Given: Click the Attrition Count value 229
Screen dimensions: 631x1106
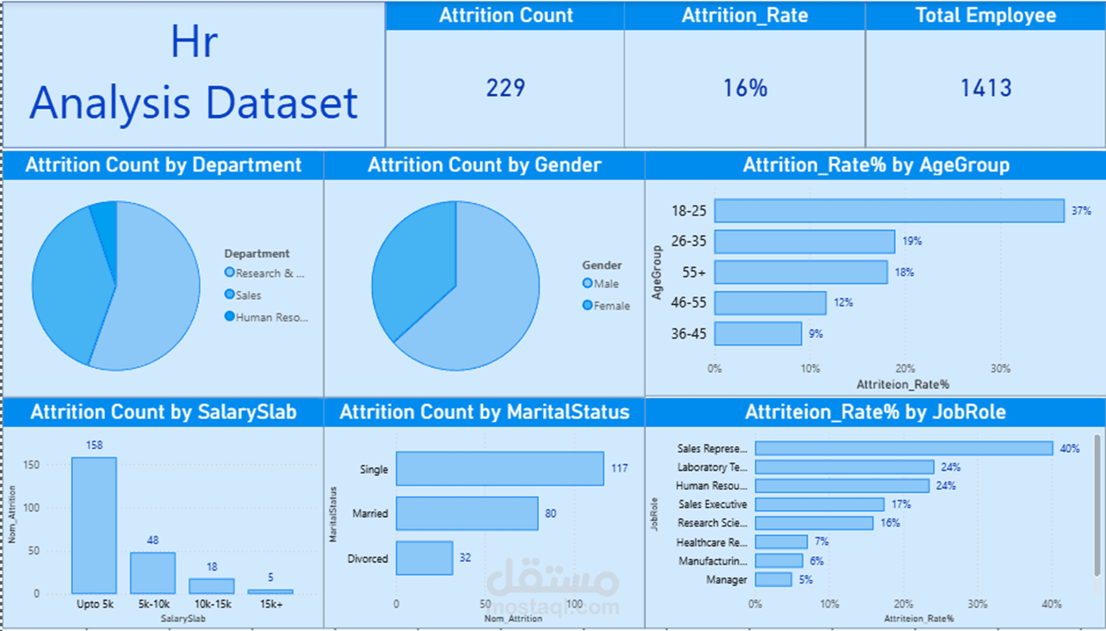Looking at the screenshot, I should (506, 88).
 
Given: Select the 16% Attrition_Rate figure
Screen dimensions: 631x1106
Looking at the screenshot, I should (745, 88).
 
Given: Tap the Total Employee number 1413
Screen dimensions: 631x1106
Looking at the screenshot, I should (986, 88).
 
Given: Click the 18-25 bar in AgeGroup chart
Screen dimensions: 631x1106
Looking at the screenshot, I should (889, 211).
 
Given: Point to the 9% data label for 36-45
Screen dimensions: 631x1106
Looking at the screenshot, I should (816, 334).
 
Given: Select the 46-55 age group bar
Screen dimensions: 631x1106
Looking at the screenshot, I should (770, 303).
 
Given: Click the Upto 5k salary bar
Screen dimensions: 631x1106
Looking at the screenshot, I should (94, 525).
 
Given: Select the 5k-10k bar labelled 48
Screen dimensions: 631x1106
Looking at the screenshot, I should (153, 572).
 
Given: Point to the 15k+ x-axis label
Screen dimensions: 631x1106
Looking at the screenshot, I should (271, 604).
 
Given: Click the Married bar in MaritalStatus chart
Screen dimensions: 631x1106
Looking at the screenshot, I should (466, 513).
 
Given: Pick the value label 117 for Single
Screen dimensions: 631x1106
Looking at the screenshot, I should (619, 468).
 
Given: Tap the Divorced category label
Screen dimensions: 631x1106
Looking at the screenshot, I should (368, 559).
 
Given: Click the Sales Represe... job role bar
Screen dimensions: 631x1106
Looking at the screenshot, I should (903, 448).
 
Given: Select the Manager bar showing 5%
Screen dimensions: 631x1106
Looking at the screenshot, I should (773, 580).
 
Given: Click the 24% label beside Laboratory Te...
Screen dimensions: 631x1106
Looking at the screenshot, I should (951, 467).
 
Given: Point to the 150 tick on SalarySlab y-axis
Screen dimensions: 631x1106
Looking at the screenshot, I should (31, 465).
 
